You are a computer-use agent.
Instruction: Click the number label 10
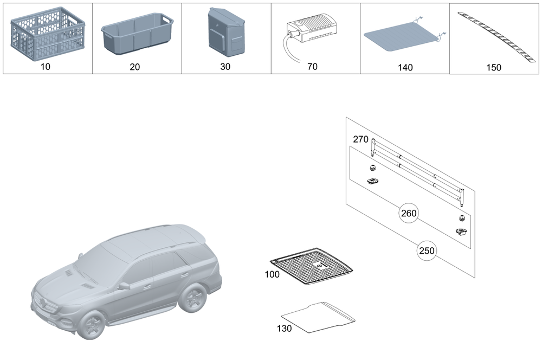click(x=46, y=68)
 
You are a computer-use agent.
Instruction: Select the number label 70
click(x=312, y=67)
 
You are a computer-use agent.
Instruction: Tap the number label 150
click(x=494, y=68)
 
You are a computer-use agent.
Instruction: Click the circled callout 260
click(x=408, y=213)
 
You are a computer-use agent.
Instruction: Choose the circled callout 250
click(x=426, y=251)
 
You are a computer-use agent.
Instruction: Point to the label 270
click(x=360, y=139)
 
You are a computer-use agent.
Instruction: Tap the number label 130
click(x=284, y=328)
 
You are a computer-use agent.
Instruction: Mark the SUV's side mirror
click(x=124, y=285)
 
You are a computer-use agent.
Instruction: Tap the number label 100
click(x=272, y=274)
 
